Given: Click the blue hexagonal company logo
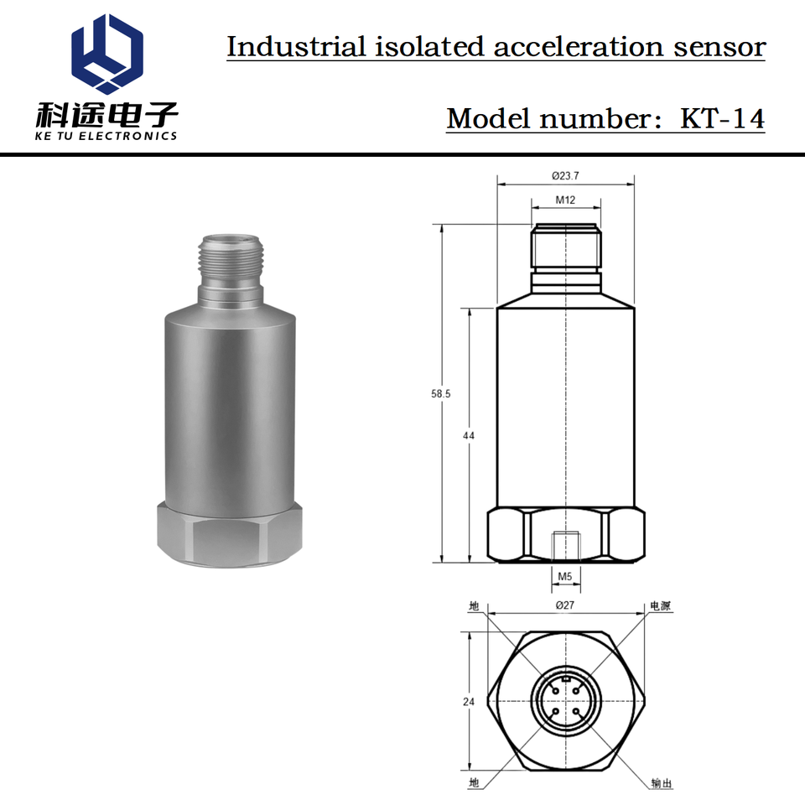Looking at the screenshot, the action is click(x=106, y=54).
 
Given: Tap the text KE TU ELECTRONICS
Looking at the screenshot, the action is click(x=106, y=136).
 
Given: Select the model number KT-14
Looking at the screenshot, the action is click(x=722, y=118).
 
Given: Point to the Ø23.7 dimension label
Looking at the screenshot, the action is click(x=565, y=175).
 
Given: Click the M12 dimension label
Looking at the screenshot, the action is click(x=565, y=200).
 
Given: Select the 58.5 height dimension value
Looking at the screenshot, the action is click(x=440, y=394).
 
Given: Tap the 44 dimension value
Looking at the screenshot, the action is click(x=468, y=435).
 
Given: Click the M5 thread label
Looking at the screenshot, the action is click(x=564, y=577).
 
